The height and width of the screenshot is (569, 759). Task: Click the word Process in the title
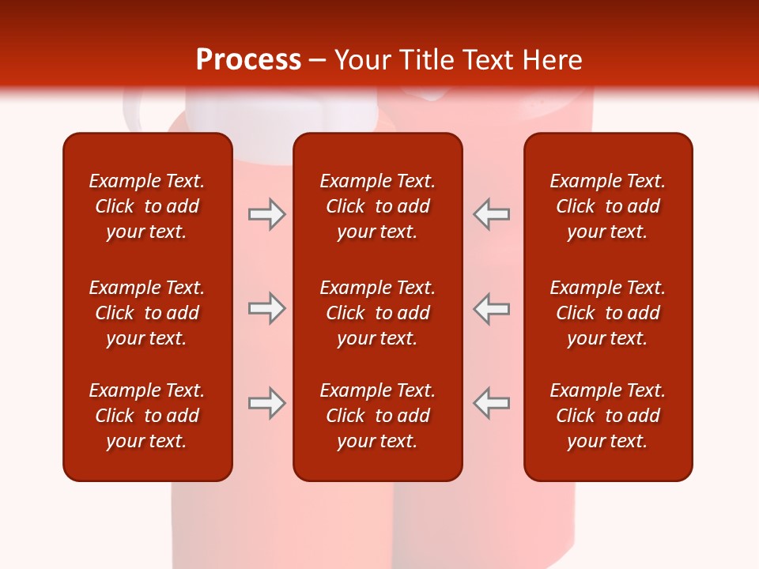(x=248, y=60)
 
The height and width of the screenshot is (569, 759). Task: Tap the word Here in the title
(x=550, y=60)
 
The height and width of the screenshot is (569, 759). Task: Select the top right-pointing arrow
(x=266, y=214)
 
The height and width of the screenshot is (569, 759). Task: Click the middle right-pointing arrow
(x=266, y=308)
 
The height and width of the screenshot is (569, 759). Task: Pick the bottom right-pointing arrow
(x=266, y=403)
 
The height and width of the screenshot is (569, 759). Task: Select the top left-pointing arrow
(x=492, y=214)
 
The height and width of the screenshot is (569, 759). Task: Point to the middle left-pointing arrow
(x=492, y=308)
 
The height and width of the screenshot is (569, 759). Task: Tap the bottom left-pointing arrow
(x=492, y=403)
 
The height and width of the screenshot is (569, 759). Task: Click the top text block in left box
(x=147, y=206)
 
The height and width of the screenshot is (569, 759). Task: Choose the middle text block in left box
(x=147, y=313)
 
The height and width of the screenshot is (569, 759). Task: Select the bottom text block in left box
(x=147, y=416)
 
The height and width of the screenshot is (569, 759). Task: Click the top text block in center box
(x=378, y=206)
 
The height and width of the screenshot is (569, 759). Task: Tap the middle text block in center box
(x=378, y=313)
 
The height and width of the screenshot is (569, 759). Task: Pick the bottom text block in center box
(x=378, y=416)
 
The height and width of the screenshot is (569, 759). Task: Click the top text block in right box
(x=608, y=206)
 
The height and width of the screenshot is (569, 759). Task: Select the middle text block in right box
(x=608, y=313)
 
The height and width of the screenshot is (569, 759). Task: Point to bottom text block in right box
(x=608, y=416)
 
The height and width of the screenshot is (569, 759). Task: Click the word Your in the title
(x=363, y=60)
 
